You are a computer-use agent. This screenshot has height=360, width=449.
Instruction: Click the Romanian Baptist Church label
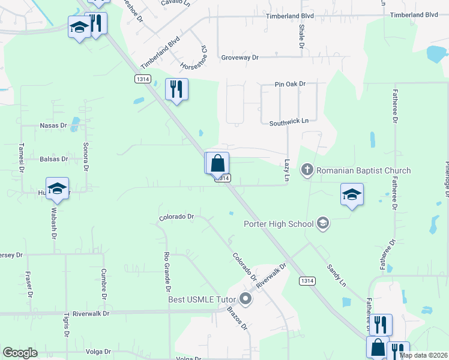click(x=363, y=170)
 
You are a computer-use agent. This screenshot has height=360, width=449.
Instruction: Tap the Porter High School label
click(x=279, y=224)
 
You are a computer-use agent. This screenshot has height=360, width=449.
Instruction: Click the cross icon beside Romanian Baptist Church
click(x=307, y=170)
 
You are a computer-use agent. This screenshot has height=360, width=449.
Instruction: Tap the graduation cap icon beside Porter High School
click(x=323, y=224)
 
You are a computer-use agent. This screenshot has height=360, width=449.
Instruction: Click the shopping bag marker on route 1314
click(x=218, y=163)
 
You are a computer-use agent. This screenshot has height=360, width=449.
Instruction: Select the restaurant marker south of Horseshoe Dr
click(x=176, y=90)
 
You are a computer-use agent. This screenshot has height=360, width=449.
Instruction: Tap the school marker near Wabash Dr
click(x=57, y=189)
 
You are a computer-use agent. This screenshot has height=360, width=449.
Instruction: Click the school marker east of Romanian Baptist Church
click(x=352, y=194)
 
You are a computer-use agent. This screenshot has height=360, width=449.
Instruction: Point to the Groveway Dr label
click(x=240, y=58)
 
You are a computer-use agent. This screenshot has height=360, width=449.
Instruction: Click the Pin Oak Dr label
click(x=291, y=84)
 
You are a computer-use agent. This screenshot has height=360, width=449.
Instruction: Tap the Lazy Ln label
click(x=287, y=171)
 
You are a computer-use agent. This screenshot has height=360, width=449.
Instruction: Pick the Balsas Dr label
click(x=53, y=159)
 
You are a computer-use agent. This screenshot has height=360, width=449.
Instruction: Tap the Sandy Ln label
click(x=337, y=274)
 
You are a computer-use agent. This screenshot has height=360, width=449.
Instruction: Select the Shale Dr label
click(x=302, y=37)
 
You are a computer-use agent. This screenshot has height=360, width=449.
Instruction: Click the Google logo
click(x=20, y=353)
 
